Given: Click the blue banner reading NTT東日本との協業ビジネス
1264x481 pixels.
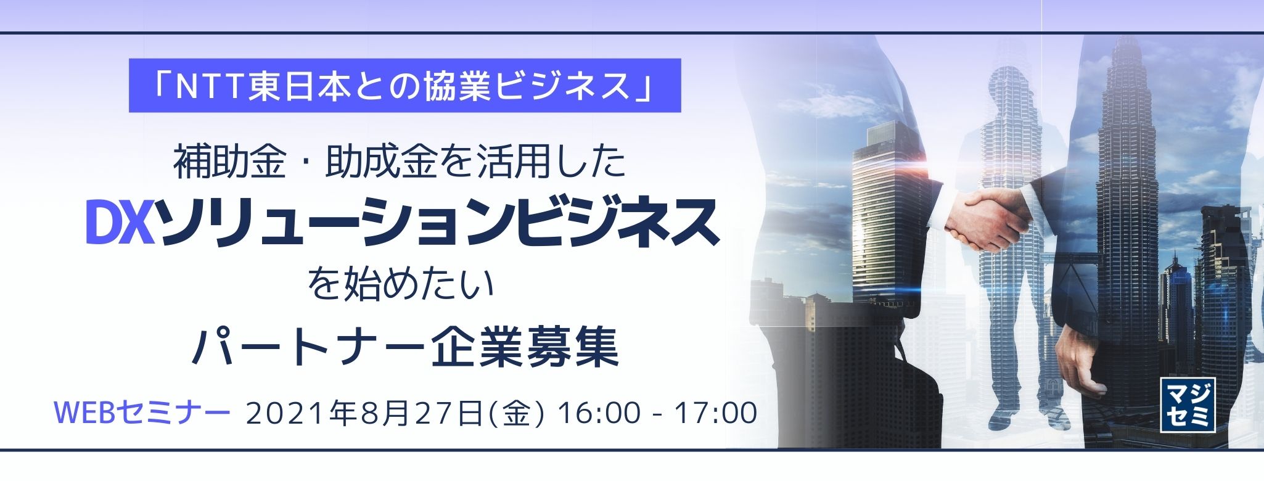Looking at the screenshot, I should click(x=404, y=86).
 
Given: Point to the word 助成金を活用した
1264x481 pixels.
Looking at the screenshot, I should click(x=475, y=163).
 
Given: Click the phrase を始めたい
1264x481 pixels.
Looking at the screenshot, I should click(x=402, y=286).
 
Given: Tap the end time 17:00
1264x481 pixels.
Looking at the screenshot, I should click(x=716, y=413).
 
